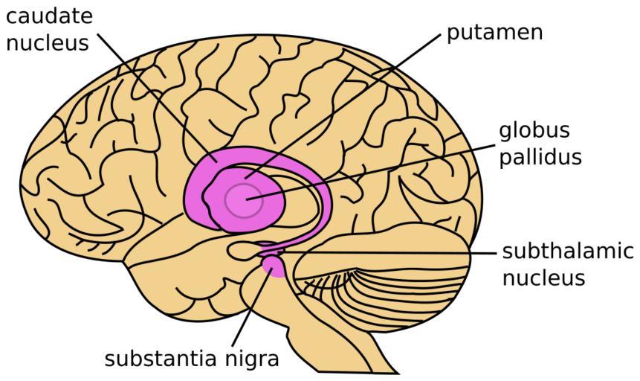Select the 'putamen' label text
click(x=494, y=33)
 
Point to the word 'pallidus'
click(x=540, y=158)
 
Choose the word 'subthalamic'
click(x=568, y=251)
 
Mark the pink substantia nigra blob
click(x=273, y=266)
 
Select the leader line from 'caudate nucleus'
click(x=156, y=97)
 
